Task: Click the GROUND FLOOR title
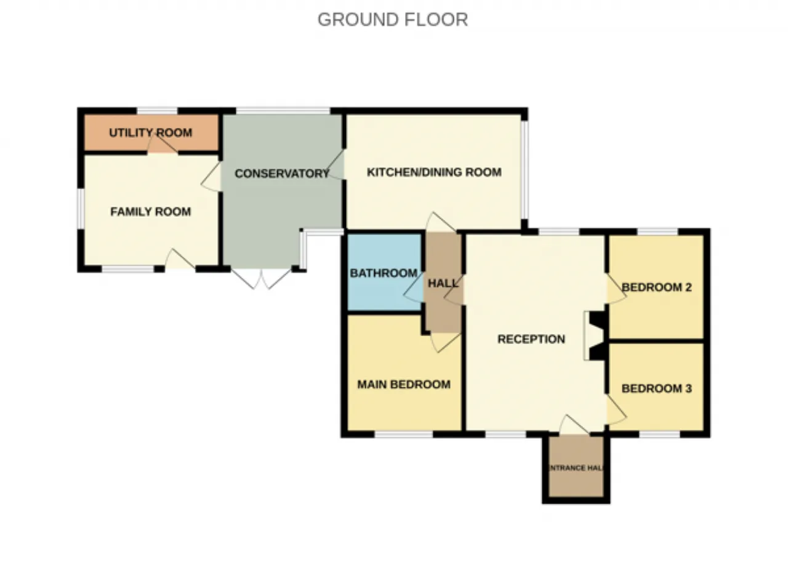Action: click(x=393, y=20)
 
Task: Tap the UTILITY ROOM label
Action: click(x=151, y=133)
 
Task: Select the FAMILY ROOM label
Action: click(x=151, y=212)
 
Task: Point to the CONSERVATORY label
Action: click(x=282, y=174)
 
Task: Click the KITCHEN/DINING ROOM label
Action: click(x=434, y=172)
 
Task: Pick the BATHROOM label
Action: click(x=384, y=273)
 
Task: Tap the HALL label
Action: click(x=443, y=283)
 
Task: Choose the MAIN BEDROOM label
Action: click(x=404, y=384)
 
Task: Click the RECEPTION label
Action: click(x=531, y=339)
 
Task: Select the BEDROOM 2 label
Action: click(x=656, y=287)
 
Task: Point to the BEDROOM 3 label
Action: click(x=656, y=388)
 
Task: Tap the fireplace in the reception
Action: click(x=595, y=336)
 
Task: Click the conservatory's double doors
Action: click(x=262, y=278)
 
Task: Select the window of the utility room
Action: click(x=157, y=111)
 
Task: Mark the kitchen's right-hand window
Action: click(x=525, y=170)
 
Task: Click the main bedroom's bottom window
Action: click(x=404, y=434)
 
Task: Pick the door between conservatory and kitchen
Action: click(x=336, y=164)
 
